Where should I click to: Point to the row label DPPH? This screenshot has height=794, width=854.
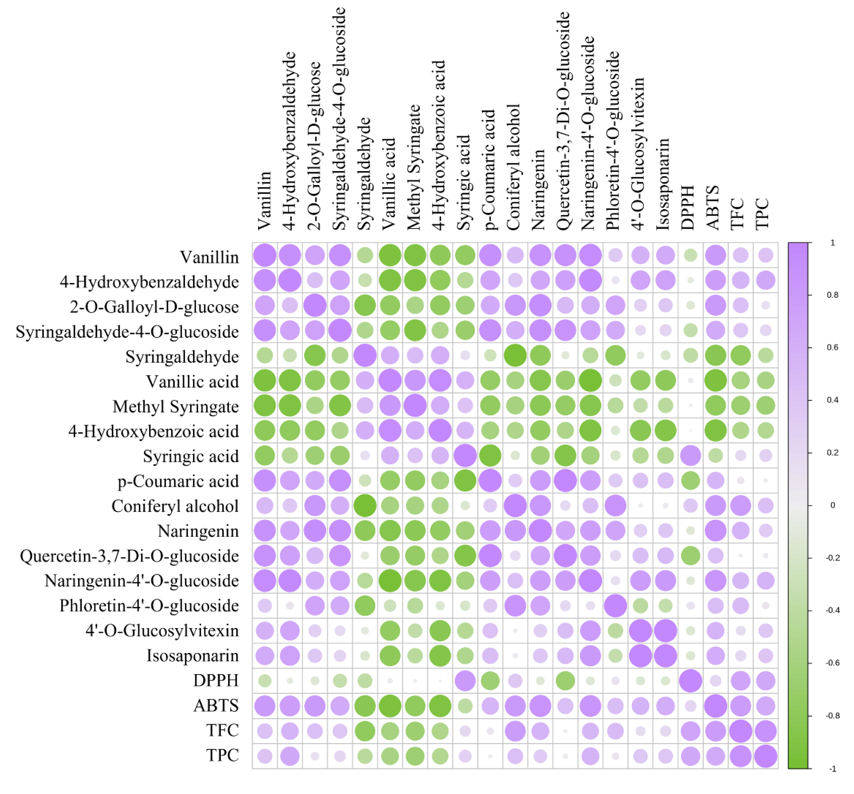(216, 681)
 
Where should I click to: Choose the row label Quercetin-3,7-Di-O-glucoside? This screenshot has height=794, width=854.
(129, 556)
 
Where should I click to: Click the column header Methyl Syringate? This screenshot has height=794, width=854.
(414, 167)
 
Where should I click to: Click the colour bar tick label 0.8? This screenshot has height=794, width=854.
(833, 295)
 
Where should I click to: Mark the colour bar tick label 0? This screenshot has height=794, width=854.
(833, 505)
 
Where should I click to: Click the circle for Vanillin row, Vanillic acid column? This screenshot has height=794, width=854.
(390, 255)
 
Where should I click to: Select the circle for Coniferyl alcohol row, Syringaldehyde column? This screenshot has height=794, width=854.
(365, 505)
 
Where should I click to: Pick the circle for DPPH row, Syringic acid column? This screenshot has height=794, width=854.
(465, 681)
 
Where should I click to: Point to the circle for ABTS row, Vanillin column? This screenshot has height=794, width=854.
(265, 706)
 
